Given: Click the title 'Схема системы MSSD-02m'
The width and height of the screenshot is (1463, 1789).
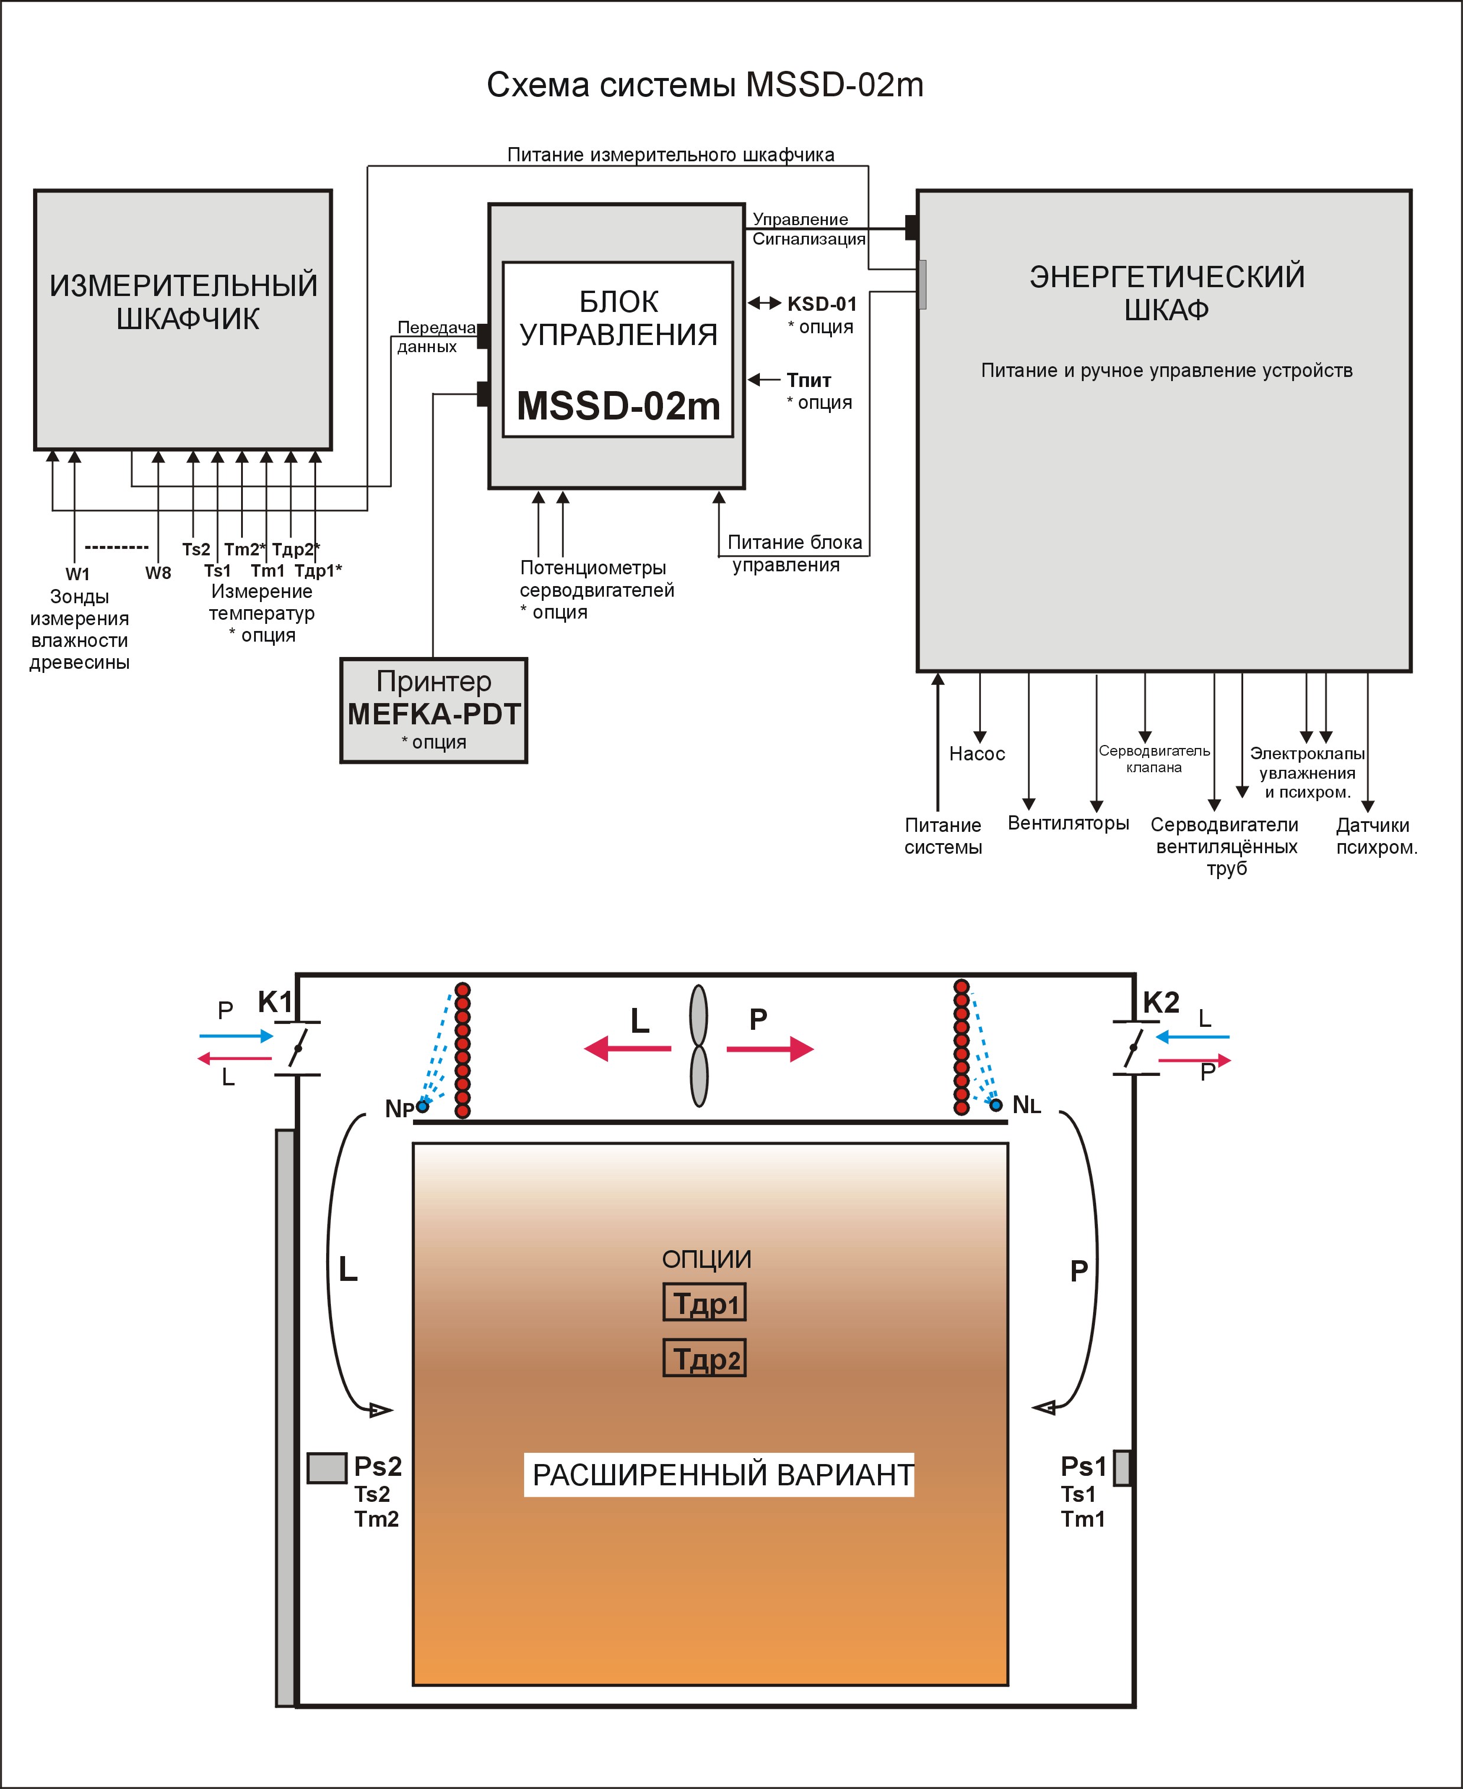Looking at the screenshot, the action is pos(706,85).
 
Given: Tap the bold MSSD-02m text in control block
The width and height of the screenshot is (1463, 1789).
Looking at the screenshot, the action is pos(619,406).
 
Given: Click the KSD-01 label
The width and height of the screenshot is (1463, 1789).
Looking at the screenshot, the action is pos(822,303).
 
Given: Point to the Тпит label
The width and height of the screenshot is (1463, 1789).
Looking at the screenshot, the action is pos(809,380).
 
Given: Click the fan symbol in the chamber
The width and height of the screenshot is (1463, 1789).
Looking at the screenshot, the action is pos(698,1046).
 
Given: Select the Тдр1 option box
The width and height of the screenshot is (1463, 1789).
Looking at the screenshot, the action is pos(704,1303).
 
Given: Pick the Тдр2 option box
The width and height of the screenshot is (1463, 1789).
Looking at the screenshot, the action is pos(704,1358).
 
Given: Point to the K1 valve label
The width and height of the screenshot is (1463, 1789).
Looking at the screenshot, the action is pos(275,1002).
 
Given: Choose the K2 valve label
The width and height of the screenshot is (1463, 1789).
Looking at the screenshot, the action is pos(1161,1003).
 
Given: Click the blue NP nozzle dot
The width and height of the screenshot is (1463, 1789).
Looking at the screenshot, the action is pos(423,1105).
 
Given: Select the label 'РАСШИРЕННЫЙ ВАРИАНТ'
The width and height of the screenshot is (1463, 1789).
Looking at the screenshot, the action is pos(722,1475).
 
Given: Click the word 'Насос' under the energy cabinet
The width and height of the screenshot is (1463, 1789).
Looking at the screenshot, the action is pos(977,753).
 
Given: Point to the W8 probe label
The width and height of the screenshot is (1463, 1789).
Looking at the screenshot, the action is pos(158,573).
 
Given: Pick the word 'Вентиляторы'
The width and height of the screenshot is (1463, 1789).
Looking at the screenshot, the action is pos(1069,823).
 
